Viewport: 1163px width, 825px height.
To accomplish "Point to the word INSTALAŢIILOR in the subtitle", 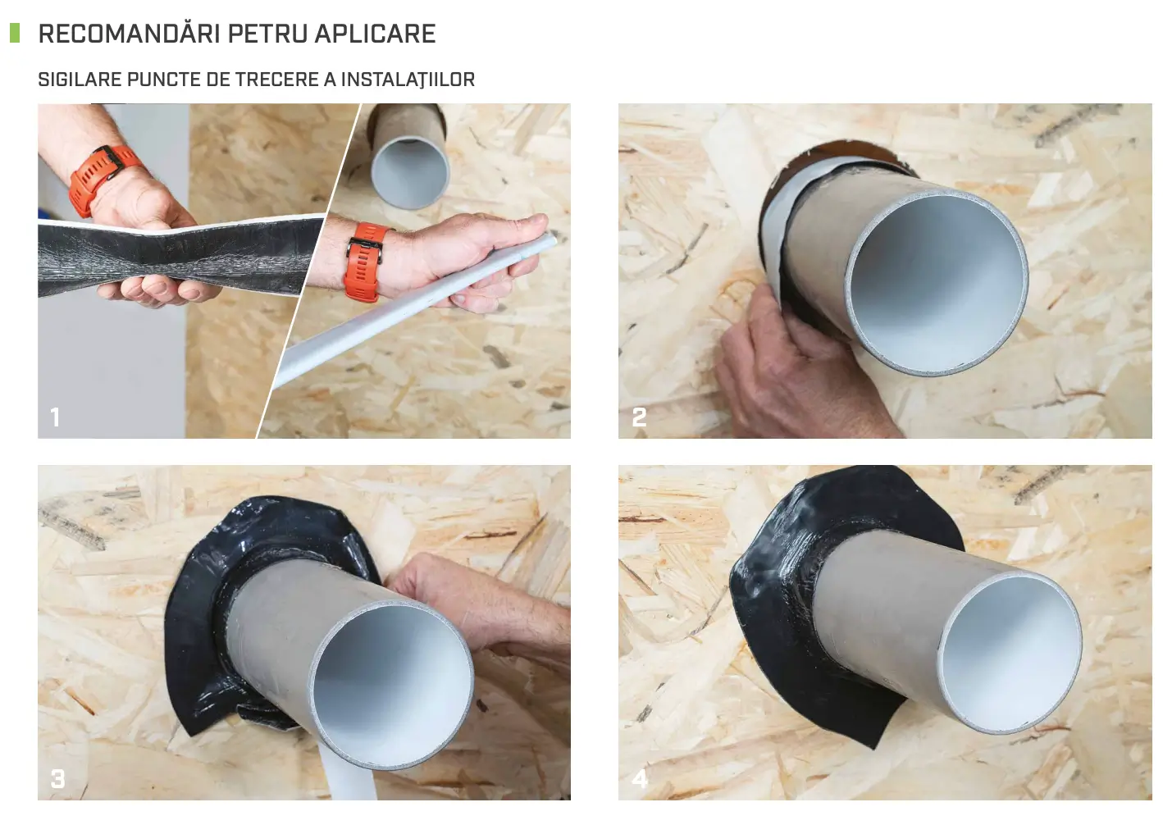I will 408,80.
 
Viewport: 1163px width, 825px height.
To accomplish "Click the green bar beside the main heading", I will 14,33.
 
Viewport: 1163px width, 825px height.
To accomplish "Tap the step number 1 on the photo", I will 55,417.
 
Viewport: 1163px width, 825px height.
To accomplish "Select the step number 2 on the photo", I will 640,417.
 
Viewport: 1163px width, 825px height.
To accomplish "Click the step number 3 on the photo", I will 57,778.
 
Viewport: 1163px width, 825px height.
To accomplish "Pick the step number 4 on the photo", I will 640,778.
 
